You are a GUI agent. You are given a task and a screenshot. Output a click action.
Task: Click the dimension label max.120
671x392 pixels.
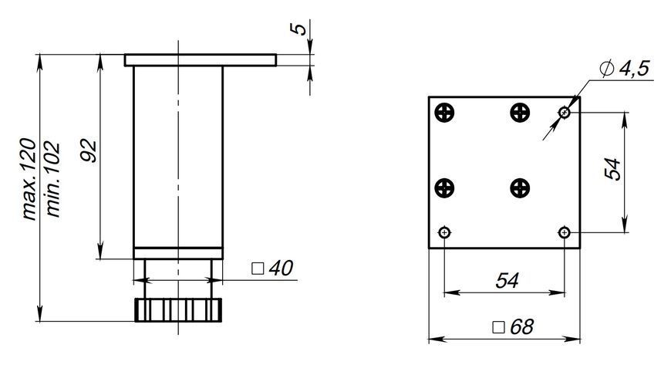click(x=30, y=179)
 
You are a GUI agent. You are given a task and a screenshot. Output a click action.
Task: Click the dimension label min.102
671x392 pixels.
click(x=53, y=179)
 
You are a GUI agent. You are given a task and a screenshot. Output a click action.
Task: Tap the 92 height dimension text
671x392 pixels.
click(x=89, y=150)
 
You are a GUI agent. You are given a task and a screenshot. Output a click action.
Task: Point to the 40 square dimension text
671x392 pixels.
click(x=281, y=269)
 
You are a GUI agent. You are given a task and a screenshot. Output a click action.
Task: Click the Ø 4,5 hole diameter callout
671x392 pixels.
click(x=625, y=69)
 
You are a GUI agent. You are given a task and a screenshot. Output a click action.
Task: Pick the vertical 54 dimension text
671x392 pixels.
click(x=612, y=169)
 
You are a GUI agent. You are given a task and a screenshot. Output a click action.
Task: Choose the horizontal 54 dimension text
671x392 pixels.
click(x=507, y=281)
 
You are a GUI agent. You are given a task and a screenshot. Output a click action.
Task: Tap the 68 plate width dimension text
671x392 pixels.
click(x=521, y=327)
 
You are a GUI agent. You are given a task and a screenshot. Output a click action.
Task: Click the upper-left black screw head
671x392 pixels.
click(x=444, y=113)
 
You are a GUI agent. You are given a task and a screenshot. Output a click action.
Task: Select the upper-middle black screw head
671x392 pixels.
click(x=520, y=113)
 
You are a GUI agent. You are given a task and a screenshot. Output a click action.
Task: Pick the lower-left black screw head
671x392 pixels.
click(x=444, y=188)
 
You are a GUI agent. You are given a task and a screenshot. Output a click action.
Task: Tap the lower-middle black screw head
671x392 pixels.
click(x=520, y=188)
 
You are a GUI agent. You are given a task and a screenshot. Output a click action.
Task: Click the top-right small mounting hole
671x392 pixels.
click(x=565, y=113)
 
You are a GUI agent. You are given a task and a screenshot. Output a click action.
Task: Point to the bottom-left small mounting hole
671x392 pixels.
click(x=445, y=233)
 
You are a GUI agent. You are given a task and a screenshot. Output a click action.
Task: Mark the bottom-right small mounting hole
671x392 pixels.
click(x=565, y=233)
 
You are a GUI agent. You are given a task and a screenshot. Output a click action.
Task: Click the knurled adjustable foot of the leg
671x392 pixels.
click(x=178, y=310)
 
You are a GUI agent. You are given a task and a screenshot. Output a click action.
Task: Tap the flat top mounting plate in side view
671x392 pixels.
click(x=201, y=60)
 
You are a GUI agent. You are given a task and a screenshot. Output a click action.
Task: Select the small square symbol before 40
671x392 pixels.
click(x=258, y=269)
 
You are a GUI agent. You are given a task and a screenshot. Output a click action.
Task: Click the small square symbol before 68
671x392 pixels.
click(x=498, y=327)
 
